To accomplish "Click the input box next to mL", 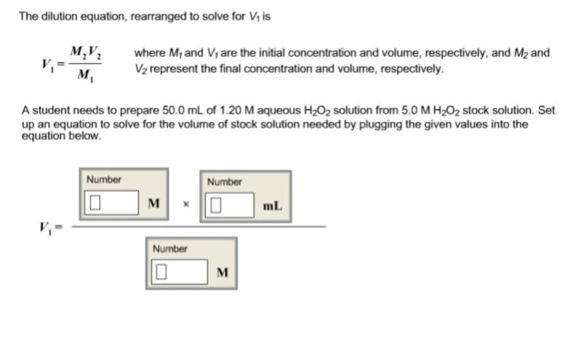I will click(231, 203).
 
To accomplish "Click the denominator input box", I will click(177, 271).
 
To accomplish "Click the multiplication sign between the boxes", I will click(185, 204).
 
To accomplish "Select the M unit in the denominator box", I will click(222, 271).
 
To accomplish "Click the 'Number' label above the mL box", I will click(224, 180).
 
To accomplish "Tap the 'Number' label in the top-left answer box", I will click(103, 180).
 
